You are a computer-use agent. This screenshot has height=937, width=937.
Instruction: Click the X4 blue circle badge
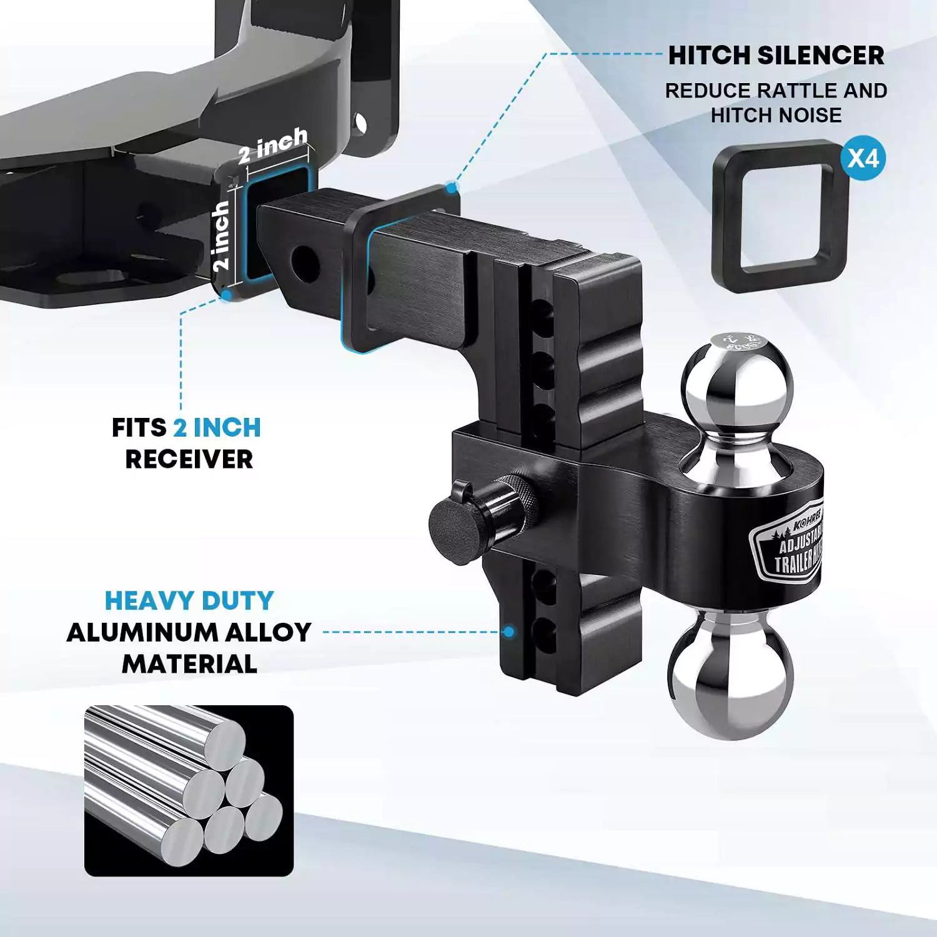863,159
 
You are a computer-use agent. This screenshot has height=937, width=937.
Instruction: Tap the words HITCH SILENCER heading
776,56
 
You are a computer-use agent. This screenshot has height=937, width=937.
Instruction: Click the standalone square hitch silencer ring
780,216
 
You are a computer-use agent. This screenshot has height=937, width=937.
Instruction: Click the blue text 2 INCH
217,429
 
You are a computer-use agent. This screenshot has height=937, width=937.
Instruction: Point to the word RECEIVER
189,460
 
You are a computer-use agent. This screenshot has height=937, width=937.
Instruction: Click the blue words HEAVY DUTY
189,601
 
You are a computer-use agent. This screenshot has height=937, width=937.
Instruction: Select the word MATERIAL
189,663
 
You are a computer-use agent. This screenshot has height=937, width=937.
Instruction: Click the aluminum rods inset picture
189,790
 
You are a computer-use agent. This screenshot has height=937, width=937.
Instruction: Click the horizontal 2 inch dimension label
272,146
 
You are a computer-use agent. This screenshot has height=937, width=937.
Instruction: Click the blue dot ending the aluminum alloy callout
509,632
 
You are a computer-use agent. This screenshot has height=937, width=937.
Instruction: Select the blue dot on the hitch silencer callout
452,186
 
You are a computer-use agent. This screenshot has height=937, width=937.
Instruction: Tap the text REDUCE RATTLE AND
776,91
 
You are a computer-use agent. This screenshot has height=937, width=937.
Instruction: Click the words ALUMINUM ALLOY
189,633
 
